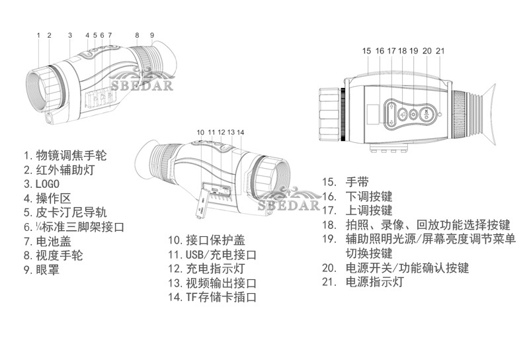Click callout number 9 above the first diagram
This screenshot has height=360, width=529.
[x=151, y=35]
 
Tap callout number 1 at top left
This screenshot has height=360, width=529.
[x=38, y=35]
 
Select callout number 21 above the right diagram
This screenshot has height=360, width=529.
[x=440, y=50]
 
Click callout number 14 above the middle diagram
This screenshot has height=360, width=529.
[x=240, y=132]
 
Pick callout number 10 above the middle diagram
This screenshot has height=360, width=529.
[x=200, y=132]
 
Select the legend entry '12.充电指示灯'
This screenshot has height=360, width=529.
[x=206, y=269]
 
